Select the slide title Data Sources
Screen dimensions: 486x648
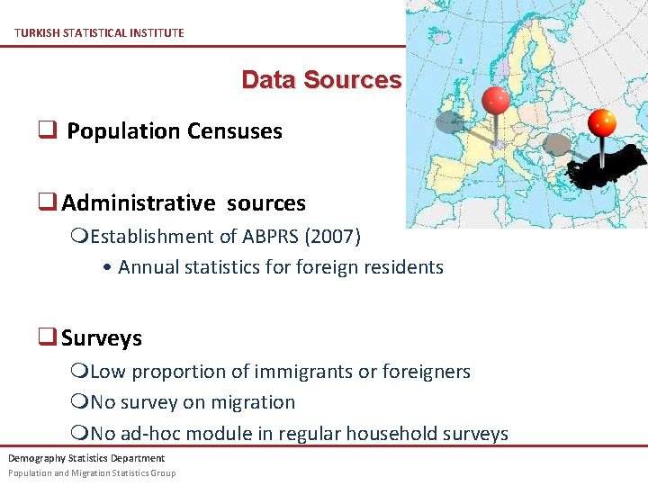pyautogui.click(x=321, y=80)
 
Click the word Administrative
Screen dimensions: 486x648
pyautogui.click(x=139, y=203)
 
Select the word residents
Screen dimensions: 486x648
pyautogui.click(x=405, y=267)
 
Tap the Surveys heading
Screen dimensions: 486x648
pyautogui.click(x=101, y=338)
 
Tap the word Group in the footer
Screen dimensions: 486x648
pyautogui.click(x=163, y=472)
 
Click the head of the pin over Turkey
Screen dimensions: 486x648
pyautogui.click(x=601, y=121)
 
